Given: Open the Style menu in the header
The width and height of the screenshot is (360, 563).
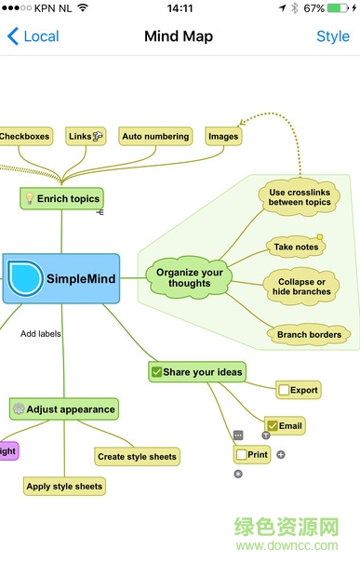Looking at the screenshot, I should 332,36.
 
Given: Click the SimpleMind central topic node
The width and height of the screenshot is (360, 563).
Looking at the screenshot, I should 61,278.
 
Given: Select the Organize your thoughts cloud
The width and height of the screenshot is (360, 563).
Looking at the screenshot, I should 190,277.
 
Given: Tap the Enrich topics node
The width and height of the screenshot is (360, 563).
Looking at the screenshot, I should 61,198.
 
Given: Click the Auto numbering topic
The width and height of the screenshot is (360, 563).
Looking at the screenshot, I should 154,136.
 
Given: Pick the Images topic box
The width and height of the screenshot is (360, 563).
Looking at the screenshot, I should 223,136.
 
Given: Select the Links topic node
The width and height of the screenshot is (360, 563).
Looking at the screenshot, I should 86,136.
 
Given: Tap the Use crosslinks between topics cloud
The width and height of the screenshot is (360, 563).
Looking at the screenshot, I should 300,196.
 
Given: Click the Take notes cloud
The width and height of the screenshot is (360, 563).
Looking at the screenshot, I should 296,247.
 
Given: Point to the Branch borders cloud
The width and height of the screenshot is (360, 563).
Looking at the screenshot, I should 308,334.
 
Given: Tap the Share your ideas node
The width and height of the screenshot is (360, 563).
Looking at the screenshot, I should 196,372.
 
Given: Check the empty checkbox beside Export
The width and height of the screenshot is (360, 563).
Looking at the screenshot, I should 284,390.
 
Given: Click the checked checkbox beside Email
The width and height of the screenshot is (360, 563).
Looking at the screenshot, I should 273,426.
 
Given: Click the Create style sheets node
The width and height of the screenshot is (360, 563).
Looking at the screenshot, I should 137,456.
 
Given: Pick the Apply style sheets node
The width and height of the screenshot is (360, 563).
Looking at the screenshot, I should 64,486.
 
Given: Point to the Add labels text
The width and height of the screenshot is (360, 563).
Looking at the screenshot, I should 41,333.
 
